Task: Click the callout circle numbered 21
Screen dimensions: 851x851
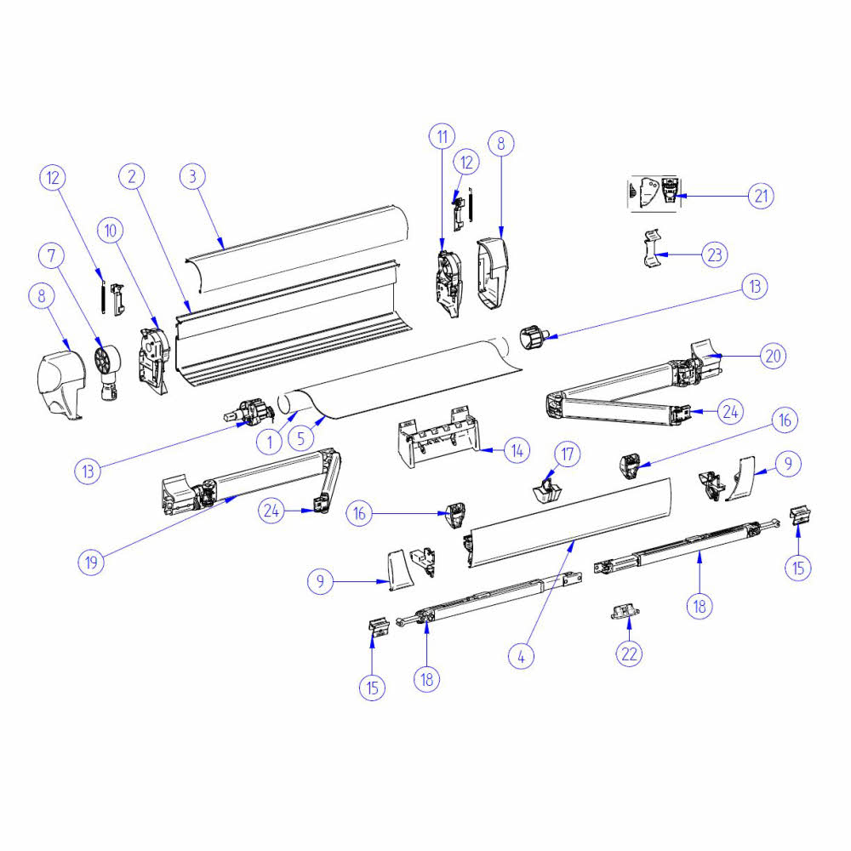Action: pyautogui.click(x=761, y=196)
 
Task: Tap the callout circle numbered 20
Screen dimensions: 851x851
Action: pyautogui.click(x=772, y=356)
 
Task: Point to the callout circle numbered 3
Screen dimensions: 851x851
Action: pyautogui.click(x=193, y=176)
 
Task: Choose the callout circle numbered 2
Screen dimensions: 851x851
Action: pyautogui.click(x=131, y=176)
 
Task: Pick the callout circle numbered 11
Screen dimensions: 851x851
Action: pyautogui.click(x=442, y=136)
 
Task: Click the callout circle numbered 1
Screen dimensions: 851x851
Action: pyautogui.click(x=269, y=443)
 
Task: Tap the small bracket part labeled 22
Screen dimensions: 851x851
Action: pyautogui.click(x=625, y=612)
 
